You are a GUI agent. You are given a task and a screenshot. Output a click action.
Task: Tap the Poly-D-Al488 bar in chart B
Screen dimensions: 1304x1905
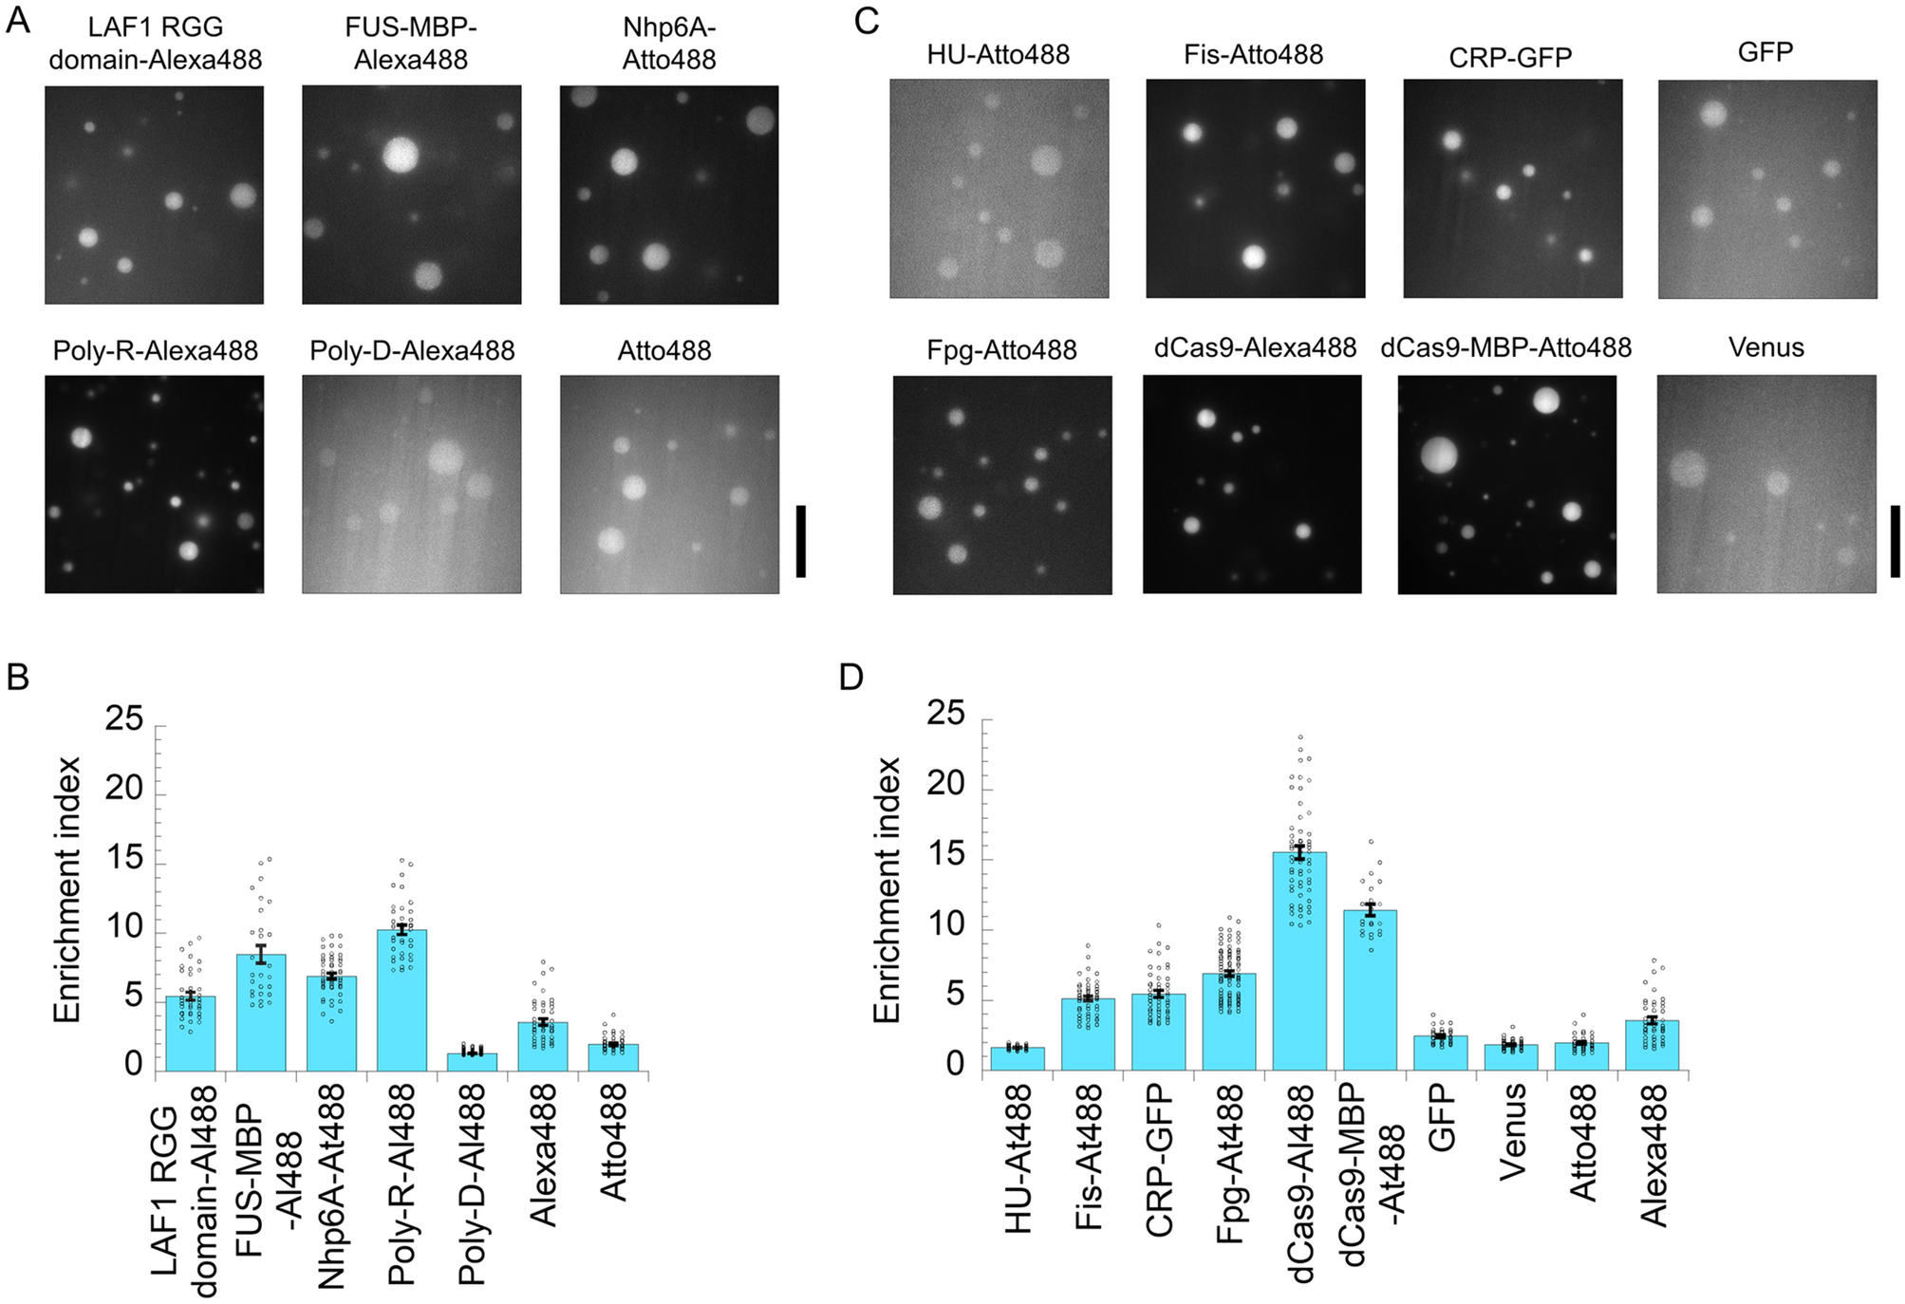tap(472, 1062)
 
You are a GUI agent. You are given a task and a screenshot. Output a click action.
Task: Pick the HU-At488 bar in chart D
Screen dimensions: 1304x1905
tap(1018, 1059)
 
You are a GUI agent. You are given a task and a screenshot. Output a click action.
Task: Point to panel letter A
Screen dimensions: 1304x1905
tap(17, 21)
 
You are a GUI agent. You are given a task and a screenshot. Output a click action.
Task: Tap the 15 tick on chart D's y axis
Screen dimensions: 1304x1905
tap(945, 855)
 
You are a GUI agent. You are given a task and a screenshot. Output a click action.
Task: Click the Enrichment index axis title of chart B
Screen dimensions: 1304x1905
tap(66, 890)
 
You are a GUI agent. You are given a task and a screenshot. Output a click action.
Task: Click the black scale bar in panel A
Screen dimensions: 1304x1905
tap(800, 541)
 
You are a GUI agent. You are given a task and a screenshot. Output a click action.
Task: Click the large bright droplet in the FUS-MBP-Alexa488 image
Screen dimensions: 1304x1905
tap(401, 154)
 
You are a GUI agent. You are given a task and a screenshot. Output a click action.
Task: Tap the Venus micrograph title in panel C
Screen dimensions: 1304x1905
tap(1765, 347)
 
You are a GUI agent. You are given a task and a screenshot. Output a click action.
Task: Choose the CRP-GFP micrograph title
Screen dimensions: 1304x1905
tap(1510, 57)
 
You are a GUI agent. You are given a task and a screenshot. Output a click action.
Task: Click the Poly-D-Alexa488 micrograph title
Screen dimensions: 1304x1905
tap(412, 350)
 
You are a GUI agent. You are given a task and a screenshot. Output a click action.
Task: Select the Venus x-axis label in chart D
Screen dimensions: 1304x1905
tap(1512, 1131)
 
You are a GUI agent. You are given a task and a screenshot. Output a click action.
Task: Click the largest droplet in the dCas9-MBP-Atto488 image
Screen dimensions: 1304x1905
tap(1439, 456)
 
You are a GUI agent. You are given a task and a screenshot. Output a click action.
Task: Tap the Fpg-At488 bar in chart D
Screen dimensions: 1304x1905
tap(1228, 1021)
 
